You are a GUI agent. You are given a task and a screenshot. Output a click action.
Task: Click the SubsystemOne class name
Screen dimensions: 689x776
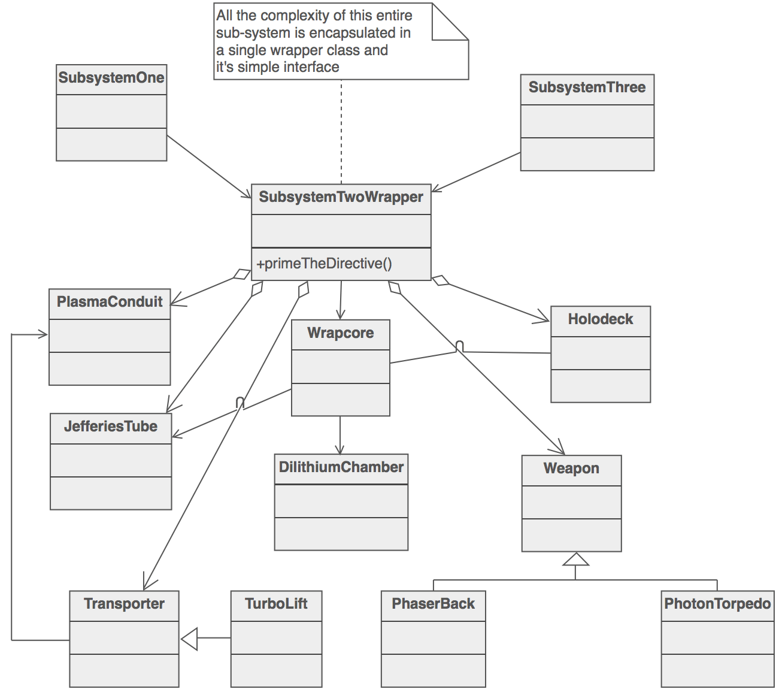(x=111, y=78)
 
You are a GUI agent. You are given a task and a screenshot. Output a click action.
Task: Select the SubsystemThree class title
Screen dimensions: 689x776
(x=587, y=87)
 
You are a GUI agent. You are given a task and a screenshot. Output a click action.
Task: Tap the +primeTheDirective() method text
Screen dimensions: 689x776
(x=324, y=264)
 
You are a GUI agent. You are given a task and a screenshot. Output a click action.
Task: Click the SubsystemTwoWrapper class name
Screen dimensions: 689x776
(x=341, y=197)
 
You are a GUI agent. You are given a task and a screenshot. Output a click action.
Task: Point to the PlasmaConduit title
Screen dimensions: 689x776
(x=110, y=302)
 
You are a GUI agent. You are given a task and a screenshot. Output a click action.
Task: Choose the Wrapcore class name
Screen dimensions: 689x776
(x=340, y=333)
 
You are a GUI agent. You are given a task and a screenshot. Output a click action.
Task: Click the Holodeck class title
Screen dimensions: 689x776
(x=600, y=319)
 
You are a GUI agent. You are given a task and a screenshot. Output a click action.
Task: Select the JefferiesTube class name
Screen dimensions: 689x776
(x=111, y=427)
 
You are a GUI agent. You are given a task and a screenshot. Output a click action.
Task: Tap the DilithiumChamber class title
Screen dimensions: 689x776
(x=341, y=467)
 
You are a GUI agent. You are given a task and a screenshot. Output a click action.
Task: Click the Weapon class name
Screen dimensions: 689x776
(x=571, y=469)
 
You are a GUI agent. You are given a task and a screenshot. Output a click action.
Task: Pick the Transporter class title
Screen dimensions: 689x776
(x=124, y=604)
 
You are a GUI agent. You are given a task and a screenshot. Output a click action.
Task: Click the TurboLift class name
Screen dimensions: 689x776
(x=276, y=604)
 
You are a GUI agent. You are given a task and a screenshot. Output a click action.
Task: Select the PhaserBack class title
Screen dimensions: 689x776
(x=433, y=604)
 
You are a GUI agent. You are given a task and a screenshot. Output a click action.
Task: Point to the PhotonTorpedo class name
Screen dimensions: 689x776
(x=717, y=604)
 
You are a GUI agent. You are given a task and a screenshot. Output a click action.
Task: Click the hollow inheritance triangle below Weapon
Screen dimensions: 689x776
(x=575, y=560)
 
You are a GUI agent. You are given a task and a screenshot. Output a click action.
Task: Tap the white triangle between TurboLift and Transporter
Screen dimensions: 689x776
(x=190, y=638)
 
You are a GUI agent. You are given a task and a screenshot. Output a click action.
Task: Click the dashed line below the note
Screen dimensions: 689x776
(x=341, y=132)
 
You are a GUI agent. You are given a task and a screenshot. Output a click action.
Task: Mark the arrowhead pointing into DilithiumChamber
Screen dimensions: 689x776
(x=340, y=449)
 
